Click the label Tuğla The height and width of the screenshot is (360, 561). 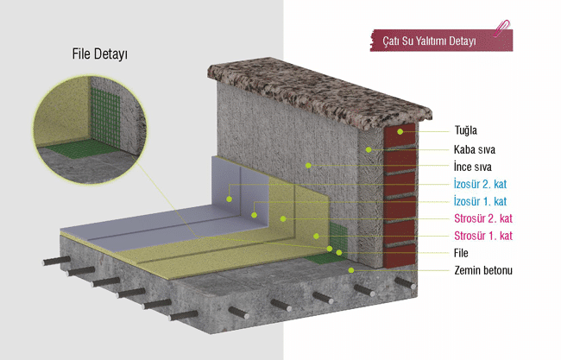(x=465, y=130)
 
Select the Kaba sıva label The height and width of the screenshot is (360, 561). (x=475, y=149)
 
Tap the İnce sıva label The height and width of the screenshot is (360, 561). (x=473, y=167)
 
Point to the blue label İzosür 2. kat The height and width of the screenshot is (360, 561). (x=480, y=184)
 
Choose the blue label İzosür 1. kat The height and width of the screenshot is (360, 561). (x=480, y=201)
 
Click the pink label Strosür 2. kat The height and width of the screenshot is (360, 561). (x=483, y=218)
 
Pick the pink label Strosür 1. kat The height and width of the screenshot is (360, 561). (x=483, y=236)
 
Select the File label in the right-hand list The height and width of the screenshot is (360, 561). (x=461, y=253)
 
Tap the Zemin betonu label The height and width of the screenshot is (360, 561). (x=483, y=270)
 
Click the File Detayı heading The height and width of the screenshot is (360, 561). (x=100, y=54)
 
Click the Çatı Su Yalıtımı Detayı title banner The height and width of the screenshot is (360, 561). (x=441, y=41)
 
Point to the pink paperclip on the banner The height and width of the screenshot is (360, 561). (x=501, y=28)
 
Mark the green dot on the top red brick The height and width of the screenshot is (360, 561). (x=400, y=132)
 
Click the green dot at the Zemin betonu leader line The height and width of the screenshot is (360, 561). (x=351, y=270)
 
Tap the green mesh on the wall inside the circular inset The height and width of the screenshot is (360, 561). (x=104, y=117)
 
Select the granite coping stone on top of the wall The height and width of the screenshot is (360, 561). (x=319, y=92)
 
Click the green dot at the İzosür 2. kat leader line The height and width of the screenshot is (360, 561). (x=229, y=199)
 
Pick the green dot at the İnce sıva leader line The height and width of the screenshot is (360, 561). (x=308, y=166)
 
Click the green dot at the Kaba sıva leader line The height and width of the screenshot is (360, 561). (x=369, y=149)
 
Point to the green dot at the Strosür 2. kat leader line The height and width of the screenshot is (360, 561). (x=283, y=218)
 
